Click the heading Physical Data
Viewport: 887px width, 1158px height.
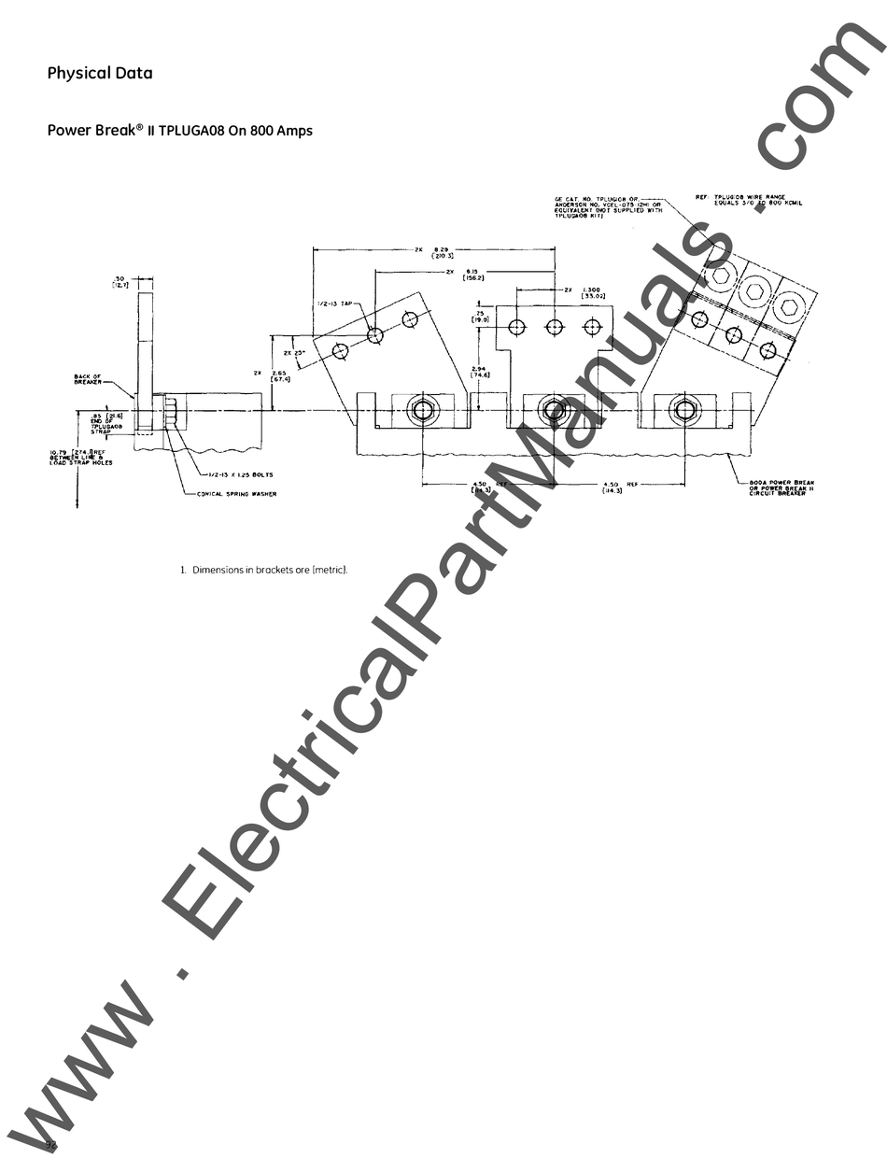[x=100, y=73]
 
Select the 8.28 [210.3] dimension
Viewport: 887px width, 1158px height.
[x=443, y=252]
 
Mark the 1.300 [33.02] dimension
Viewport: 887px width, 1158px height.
[x=591, y=293]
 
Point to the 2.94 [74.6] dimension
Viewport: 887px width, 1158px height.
[x=479, y=372]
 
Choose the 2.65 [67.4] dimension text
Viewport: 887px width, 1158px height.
[x=280, y=376]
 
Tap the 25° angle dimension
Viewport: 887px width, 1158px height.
[x=292, y=353]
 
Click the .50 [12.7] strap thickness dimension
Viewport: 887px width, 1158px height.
[x=120, y=281]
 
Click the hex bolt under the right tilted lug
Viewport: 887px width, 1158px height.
[x=685, y=410]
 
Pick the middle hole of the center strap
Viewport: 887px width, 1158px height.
[x=555, y=327]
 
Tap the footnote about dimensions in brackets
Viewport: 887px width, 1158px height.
[x=264, y=570]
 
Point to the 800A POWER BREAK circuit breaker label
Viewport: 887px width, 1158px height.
[x=781, y=487]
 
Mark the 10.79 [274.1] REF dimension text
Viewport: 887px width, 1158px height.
[x=81, y=457]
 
